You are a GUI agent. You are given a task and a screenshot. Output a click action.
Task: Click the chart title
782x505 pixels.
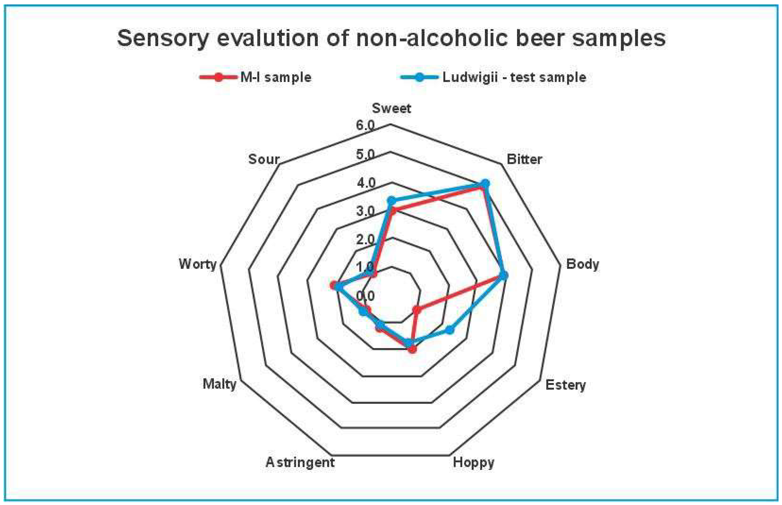coord(391,38)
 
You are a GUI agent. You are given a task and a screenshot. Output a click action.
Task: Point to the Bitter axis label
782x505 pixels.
coord(524,159)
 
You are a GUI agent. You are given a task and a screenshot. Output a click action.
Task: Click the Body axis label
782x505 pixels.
coord(582,264)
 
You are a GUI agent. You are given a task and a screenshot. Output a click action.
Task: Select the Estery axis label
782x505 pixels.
coord(565,385)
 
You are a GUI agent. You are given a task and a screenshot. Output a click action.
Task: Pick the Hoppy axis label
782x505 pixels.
coord(473,462)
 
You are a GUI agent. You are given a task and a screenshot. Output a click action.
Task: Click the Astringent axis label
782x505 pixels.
coord(300,462)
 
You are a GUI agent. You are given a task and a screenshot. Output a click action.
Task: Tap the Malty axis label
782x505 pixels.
coord(219,384)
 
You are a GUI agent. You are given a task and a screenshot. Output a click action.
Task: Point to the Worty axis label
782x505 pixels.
coord(197,264)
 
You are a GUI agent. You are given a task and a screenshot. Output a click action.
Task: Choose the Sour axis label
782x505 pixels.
coord(264,159)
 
